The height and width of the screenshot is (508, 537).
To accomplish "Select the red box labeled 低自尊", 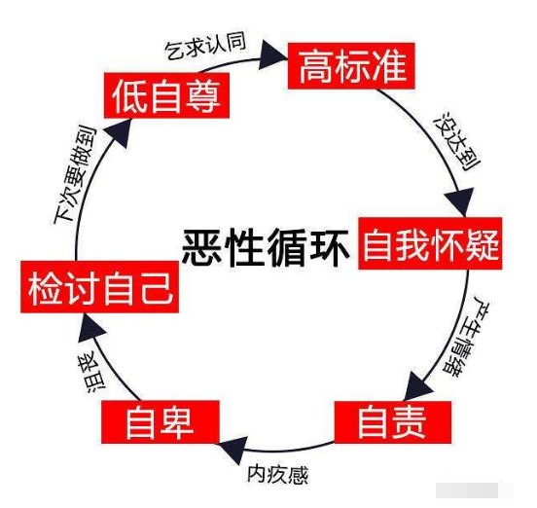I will [x=164, y=95].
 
